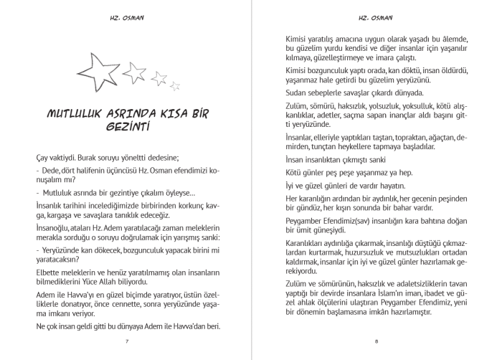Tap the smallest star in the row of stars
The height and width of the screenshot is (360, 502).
coord(174,86)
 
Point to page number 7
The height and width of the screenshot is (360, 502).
coord(126,340)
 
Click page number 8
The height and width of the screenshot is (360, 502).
coord(376,340)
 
